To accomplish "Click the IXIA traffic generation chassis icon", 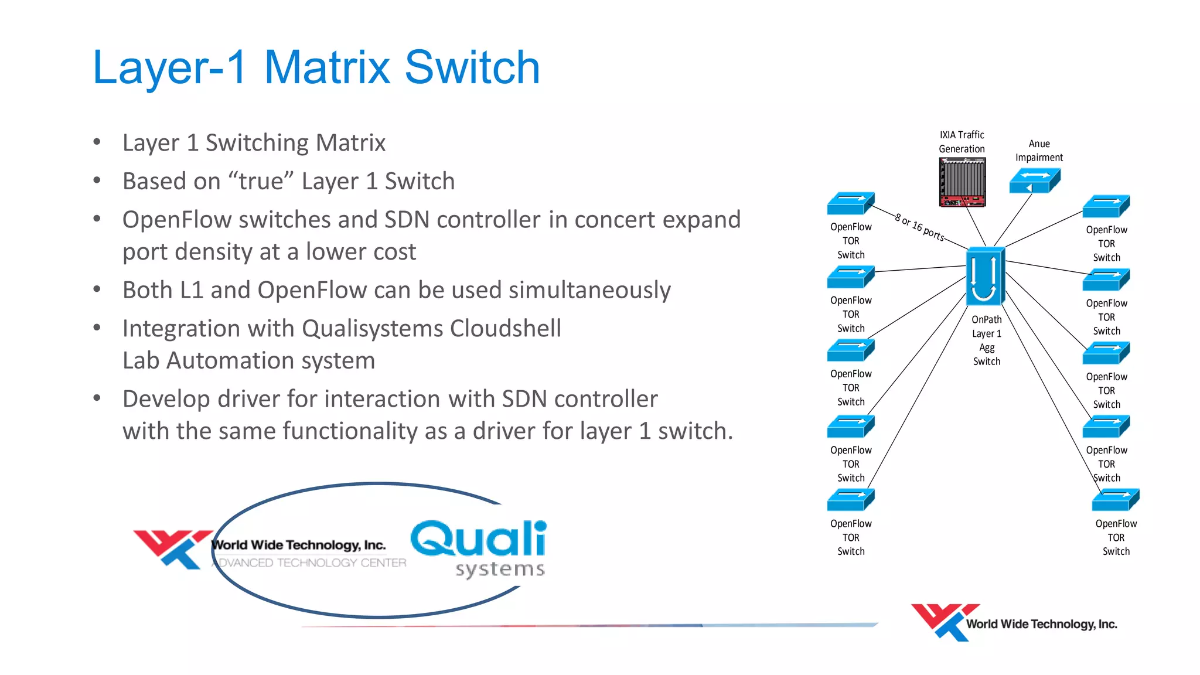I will [x=962, y=182].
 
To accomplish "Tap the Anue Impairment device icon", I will [x=1034, y=180].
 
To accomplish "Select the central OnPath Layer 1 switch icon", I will [x=985, y=276].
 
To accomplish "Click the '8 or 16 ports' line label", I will [x=919, y=228].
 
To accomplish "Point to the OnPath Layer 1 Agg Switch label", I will [x=987, y=340].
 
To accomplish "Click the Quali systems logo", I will [x=479, y=547].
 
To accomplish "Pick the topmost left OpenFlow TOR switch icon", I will [x=850, y=204].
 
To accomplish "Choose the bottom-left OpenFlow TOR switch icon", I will [x=850, y=500].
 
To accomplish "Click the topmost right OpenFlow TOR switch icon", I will [x=1106, y=207].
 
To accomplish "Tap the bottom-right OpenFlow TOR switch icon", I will [x=1115, y=500].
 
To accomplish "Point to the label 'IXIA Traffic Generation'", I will [x=962, y=142].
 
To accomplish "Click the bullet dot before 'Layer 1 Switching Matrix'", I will [x=97, y=142].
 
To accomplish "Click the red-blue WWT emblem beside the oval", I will [x=172, y=548].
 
